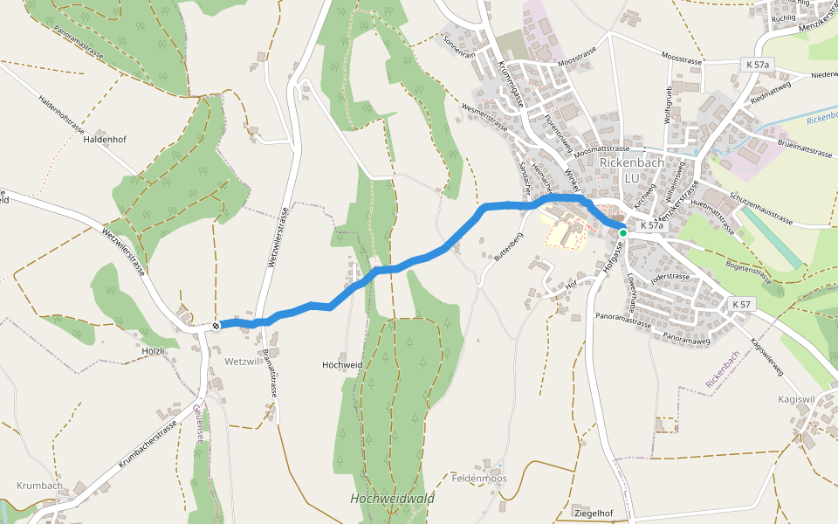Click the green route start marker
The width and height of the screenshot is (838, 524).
pos(623,233)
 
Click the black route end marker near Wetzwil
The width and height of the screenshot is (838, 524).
pos(216,325)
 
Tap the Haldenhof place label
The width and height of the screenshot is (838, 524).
pos(106,139)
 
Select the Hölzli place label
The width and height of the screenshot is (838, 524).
pos(153,349)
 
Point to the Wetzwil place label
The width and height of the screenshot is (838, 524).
pos(243,361)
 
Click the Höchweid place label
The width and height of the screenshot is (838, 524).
pos(342,364)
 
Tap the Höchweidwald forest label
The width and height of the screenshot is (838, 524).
pos(392,499)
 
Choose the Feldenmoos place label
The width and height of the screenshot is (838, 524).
pos(479,479)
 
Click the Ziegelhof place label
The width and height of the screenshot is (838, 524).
pos(592,512)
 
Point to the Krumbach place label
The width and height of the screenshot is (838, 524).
pos(39,486)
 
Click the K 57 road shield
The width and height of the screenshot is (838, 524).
pos(741,304)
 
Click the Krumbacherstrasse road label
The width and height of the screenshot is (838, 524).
pos(148,447)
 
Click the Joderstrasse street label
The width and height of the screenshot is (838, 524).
pos(670,277)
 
